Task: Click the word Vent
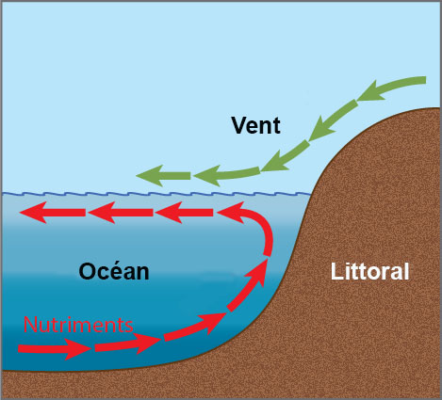[255, 125]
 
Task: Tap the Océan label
[114, 271]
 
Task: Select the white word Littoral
[369, 271]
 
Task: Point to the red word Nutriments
[78, 325]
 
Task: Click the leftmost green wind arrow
[163, 176]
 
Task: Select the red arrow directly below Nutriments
[55, 348]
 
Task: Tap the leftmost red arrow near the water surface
[53, 213]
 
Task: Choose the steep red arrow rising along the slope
[248, 284]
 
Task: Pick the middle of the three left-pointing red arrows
[121, 213]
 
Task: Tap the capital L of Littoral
[336, 271]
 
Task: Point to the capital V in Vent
[240, 125]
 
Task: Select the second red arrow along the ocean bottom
[128, 344]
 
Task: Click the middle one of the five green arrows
[286, 156]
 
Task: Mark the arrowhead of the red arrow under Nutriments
[78, 349]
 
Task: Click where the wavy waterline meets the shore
[310, 194]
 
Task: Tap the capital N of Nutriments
[30, 325]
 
